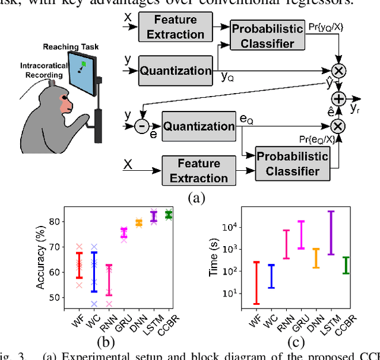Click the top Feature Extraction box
(175, 27)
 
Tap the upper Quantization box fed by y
(175, 71)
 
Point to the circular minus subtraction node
(142, 126)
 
